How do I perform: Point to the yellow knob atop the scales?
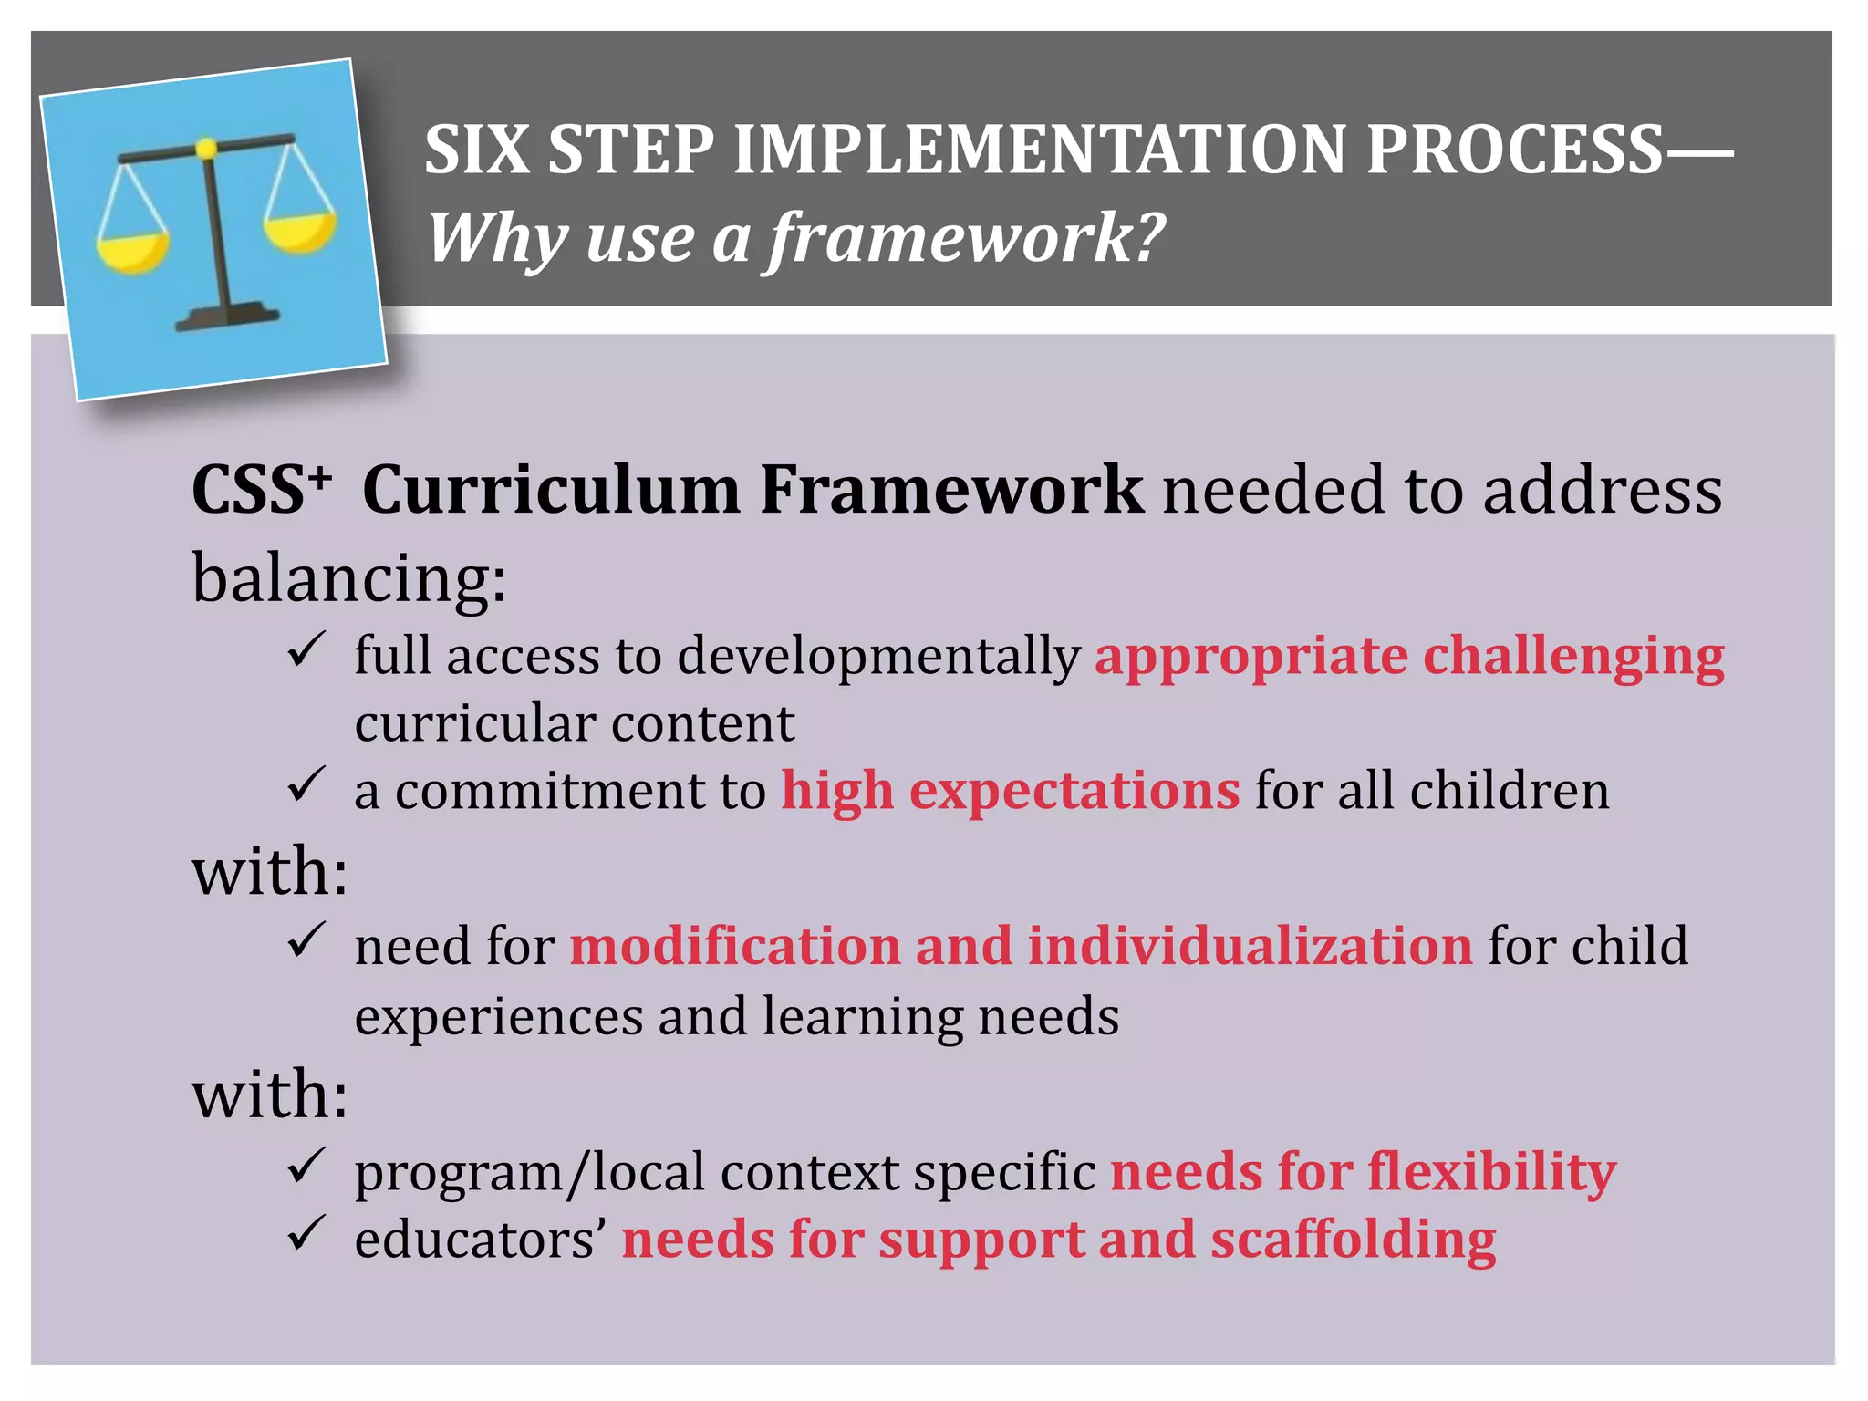[207, 148]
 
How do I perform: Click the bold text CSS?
[248, 490]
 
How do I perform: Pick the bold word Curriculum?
[551, 490]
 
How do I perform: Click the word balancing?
[347, 579]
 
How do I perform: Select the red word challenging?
[1573, 657]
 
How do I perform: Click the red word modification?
[735, 945]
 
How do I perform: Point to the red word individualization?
[1250, 945]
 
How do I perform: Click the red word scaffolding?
[1354, 1240]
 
